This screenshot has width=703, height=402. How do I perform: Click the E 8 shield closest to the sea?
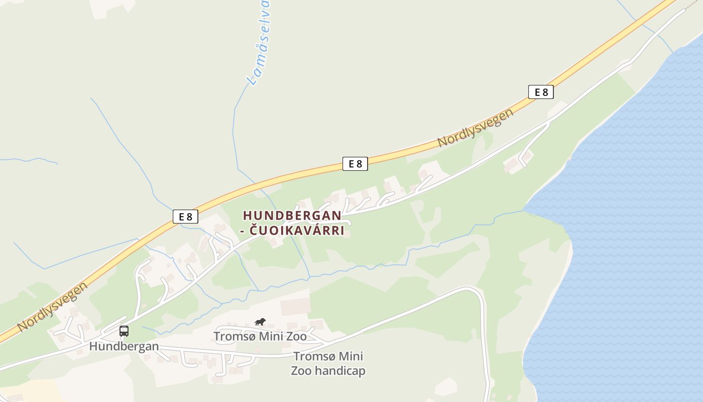tap(541, 92)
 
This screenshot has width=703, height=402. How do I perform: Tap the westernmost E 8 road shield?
tap(185, 217)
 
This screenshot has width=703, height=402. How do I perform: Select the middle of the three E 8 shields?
tap(355, 163)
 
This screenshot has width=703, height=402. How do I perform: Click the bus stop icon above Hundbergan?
tap(124, 331)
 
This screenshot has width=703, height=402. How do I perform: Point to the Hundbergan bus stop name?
tap(124, 346)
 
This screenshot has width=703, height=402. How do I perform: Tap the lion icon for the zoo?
tap(260, 322)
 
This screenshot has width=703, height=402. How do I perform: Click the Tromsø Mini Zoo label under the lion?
tap(260, 336)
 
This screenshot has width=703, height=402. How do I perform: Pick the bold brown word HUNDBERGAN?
tap(292, 216)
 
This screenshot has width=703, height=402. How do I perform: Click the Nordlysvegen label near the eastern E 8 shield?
tap(476, 128)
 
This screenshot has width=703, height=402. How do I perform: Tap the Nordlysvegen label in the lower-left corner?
tap(52, 307)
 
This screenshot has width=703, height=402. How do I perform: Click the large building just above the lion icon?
tap(296, 307)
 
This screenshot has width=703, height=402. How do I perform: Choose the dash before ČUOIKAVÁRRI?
tap(246, 231)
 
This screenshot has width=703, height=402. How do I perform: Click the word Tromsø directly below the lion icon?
tap(232, 336)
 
